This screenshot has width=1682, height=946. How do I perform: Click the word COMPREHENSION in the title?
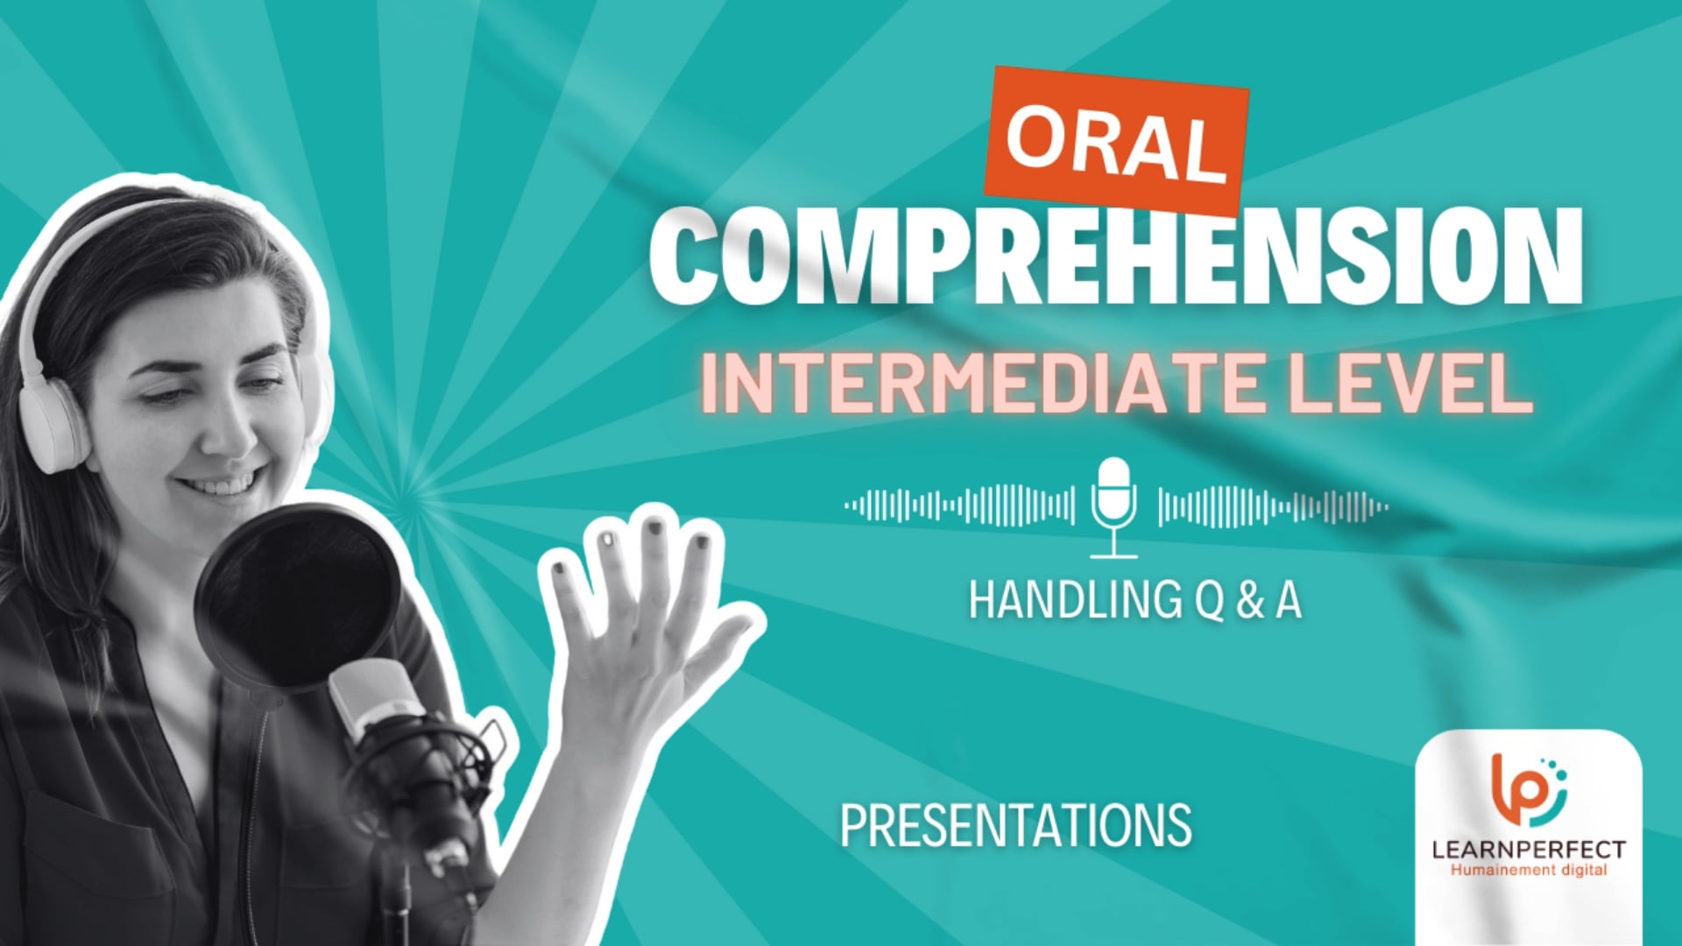coord(1114,260)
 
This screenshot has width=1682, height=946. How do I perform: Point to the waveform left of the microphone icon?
coord(959,505)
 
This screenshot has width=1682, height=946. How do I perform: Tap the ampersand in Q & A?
coord(1248,601)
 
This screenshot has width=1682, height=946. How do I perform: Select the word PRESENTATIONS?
coord(1015,824)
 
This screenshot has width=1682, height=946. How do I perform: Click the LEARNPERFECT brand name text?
coord(1528,849)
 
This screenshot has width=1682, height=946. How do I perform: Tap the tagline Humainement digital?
coord(1528,870)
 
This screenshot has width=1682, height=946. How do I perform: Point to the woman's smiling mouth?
coord(230,484)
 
